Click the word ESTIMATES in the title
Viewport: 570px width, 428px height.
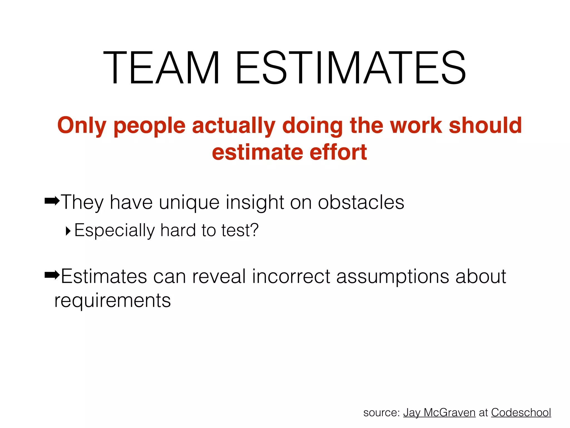pos(351,68)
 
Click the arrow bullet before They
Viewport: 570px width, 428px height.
pos(52,200)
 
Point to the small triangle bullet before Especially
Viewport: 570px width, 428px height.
pos(68,231)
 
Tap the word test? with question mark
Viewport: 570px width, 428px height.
pos(240,230)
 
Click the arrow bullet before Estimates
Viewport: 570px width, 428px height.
pos(52,275)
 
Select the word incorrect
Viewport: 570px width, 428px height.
pos(291,276)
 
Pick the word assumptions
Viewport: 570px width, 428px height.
pos(392,277)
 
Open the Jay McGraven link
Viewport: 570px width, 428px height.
pos(439,412)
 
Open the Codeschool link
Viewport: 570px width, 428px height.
pos(521,412)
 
